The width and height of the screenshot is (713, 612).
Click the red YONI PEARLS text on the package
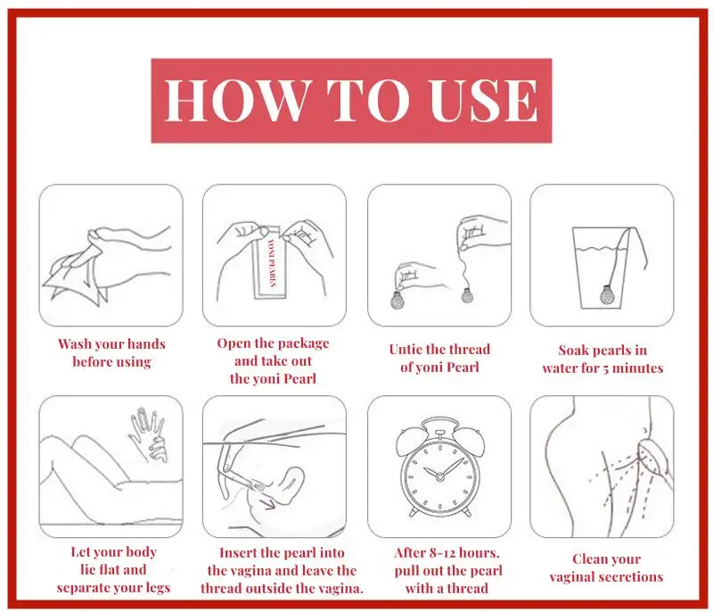tap(273, 262)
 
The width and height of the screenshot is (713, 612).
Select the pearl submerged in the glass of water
tap(606, 294)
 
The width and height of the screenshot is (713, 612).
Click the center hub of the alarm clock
tap(439, 476)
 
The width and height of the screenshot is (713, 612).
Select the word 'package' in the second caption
tap(302, 344)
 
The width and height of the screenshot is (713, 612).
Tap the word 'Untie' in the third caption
tap(406, 350)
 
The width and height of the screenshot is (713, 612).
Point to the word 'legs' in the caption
tap(158, 588)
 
